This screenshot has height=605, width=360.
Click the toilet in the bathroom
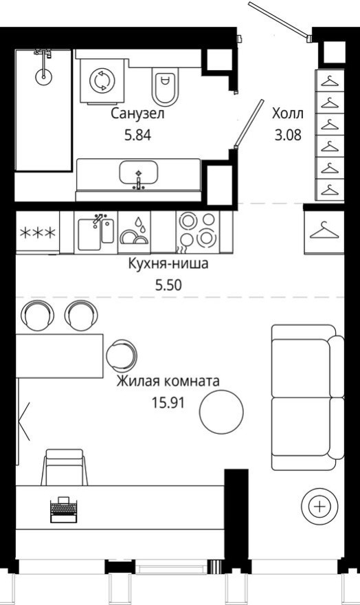click(x=164, y=85)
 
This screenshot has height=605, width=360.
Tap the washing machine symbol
click(x=100, y=80)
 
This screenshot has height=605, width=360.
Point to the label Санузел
click(x=138, y=113)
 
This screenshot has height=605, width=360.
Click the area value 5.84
click(x=137, y=135)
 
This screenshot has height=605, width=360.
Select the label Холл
click(x=287, y=113)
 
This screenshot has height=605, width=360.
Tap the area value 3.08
click(x=287, y=135)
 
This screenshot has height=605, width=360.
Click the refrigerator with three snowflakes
click(x=37, y=232)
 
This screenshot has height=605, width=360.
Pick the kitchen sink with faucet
click(x=95, y=232)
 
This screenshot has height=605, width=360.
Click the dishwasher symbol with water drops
click(x=135, y=232)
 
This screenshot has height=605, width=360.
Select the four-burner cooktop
click(x=196, y=231)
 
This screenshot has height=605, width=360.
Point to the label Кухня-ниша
click(x=168, y=263)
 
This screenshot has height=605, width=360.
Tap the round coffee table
click(x=221, y=411)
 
